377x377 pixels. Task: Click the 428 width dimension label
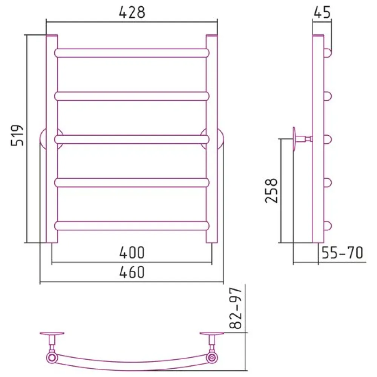coord(132,12)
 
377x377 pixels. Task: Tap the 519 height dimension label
coord(18,135)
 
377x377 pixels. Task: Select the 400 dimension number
coord(132,253)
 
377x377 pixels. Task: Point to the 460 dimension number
coord(132,272)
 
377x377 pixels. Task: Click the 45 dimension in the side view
coord(322,12)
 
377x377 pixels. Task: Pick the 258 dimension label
coord(271,190)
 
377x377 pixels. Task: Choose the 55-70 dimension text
coord(342,253)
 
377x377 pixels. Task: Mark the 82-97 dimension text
coord(235,308)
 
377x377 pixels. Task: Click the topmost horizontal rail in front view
coord(132,53)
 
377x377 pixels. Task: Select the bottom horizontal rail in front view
coord(132,226)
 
